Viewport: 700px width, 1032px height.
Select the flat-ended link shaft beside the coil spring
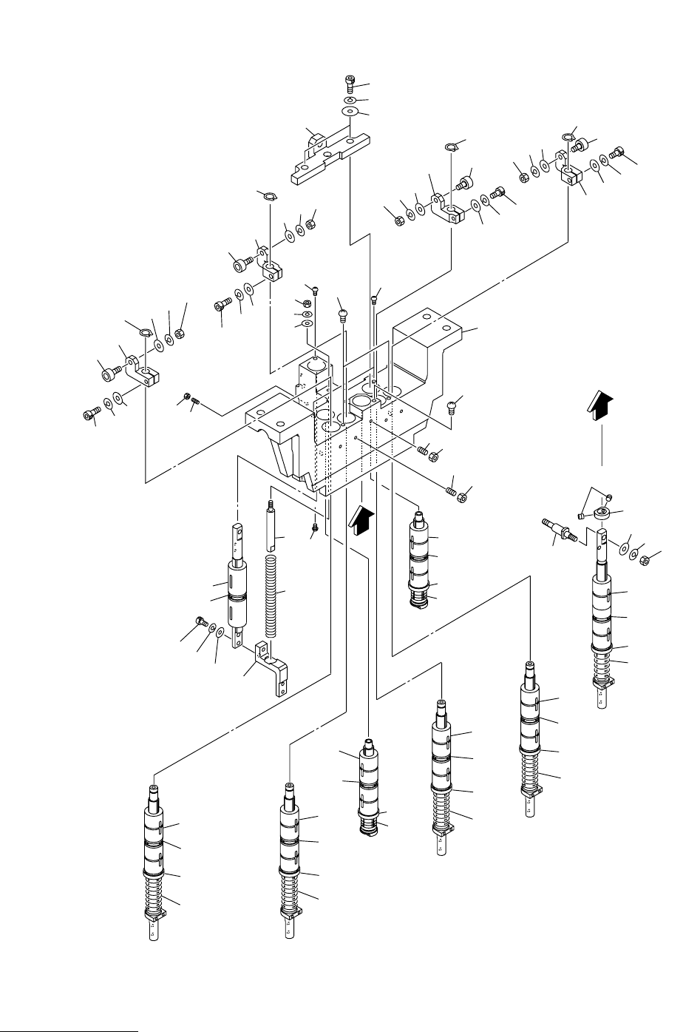237,584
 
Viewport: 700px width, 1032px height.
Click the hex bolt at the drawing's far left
91,416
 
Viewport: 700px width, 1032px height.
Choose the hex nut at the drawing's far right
644,560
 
